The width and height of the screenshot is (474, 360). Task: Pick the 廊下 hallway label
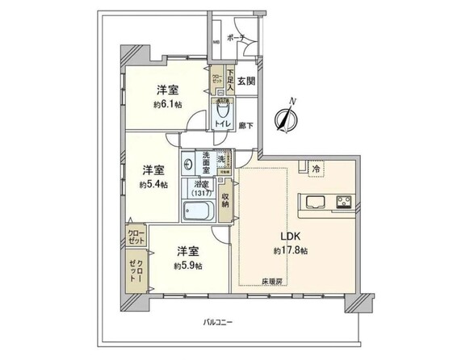(x=245, y=126)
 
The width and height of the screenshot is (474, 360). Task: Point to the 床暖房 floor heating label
(x=271, y=281)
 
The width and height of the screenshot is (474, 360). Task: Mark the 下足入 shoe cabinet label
(x=229, y=79)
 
